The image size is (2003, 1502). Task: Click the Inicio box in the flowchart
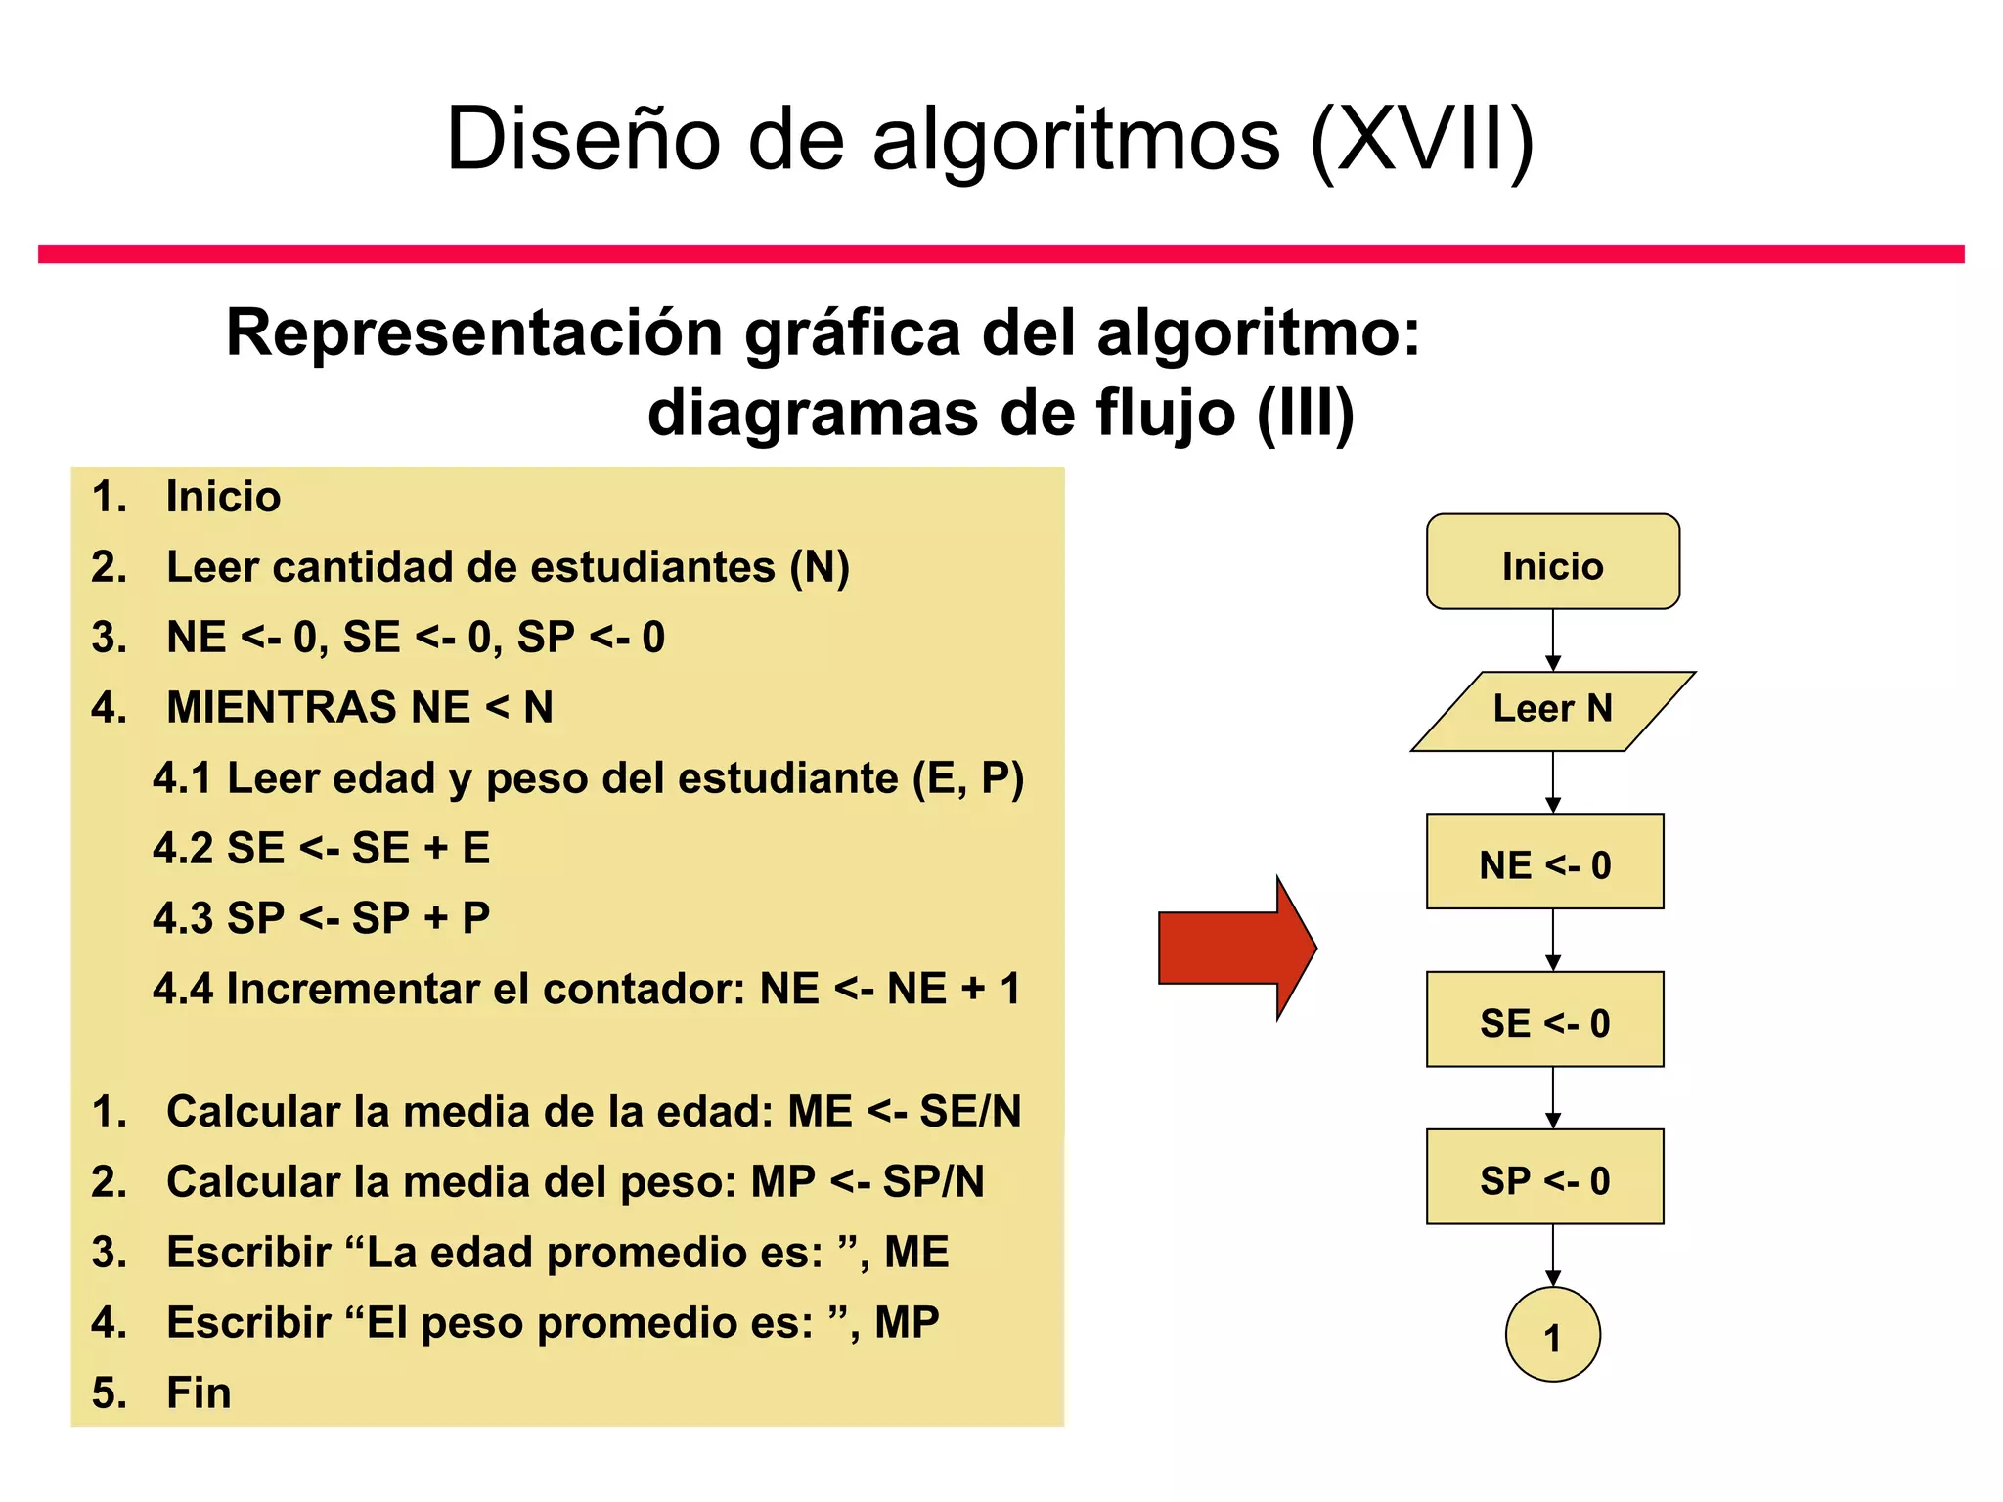(1552, 563)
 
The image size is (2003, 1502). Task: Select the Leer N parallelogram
(1552, 710)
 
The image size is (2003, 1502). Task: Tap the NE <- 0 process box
(1544, 862)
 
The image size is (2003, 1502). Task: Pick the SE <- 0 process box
(1544, 1020)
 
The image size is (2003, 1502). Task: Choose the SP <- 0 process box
(1544, 1177)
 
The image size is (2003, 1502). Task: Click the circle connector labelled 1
(1552, 1335)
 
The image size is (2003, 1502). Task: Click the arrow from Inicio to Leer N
(1553, 641)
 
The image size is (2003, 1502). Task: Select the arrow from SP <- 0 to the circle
(1553, 1256)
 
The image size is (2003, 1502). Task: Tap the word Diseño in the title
(583, 139)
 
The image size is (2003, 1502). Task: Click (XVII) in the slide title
(1422, 139)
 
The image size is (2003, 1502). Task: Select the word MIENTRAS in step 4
(282, 708)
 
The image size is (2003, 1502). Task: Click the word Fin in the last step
(199, 1392)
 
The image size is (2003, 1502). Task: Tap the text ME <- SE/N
(905, 1112)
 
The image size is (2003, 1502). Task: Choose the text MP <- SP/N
(868, 1182)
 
